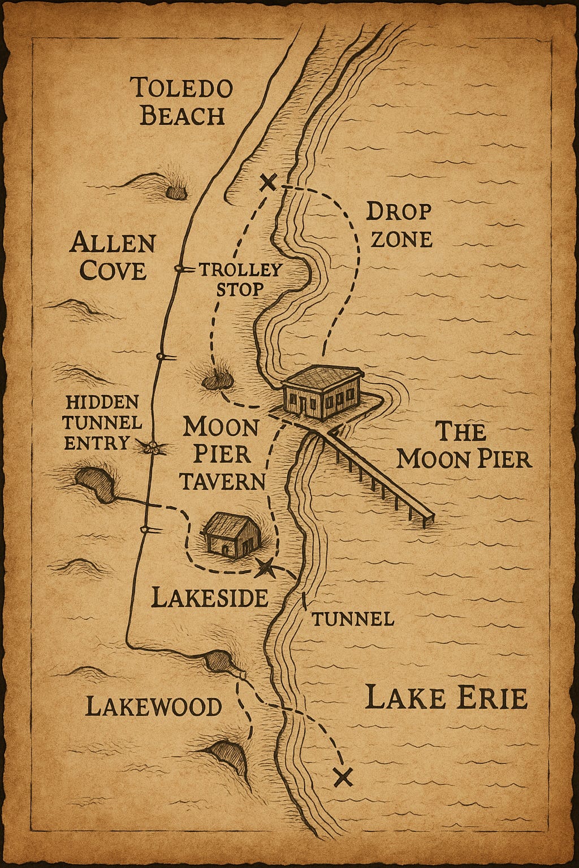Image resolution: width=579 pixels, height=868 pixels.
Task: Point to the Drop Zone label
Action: [x=399, y=225]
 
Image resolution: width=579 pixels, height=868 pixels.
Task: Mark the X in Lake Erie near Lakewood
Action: [x=343, y=777]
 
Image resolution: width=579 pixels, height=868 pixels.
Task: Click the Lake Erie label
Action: [x=446, y=698]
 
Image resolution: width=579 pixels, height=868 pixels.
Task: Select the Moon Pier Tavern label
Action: [x=222, y=454]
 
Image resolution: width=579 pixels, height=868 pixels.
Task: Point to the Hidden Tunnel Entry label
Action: [x=102, y=422]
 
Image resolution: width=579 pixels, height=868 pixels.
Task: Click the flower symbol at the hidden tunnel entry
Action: [x=152, y=448]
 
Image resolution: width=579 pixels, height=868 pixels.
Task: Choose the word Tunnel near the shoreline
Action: [x=352, y=619]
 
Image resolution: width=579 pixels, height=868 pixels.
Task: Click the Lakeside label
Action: [x=210, y=597]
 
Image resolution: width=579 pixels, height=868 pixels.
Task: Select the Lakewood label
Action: [x=153, y=707]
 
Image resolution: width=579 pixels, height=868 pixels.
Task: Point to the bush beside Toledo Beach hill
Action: [x=177, y=192]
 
